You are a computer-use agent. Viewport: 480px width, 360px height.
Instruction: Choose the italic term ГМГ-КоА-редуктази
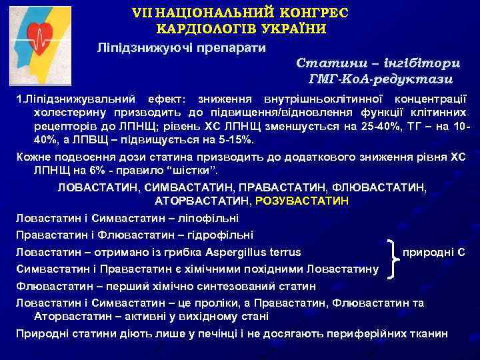click(x=381, y=79)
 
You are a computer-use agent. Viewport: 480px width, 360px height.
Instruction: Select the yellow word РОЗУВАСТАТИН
click(x=307, y=200)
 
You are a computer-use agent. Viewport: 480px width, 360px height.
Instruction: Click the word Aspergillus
click(x=234, y=252)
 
